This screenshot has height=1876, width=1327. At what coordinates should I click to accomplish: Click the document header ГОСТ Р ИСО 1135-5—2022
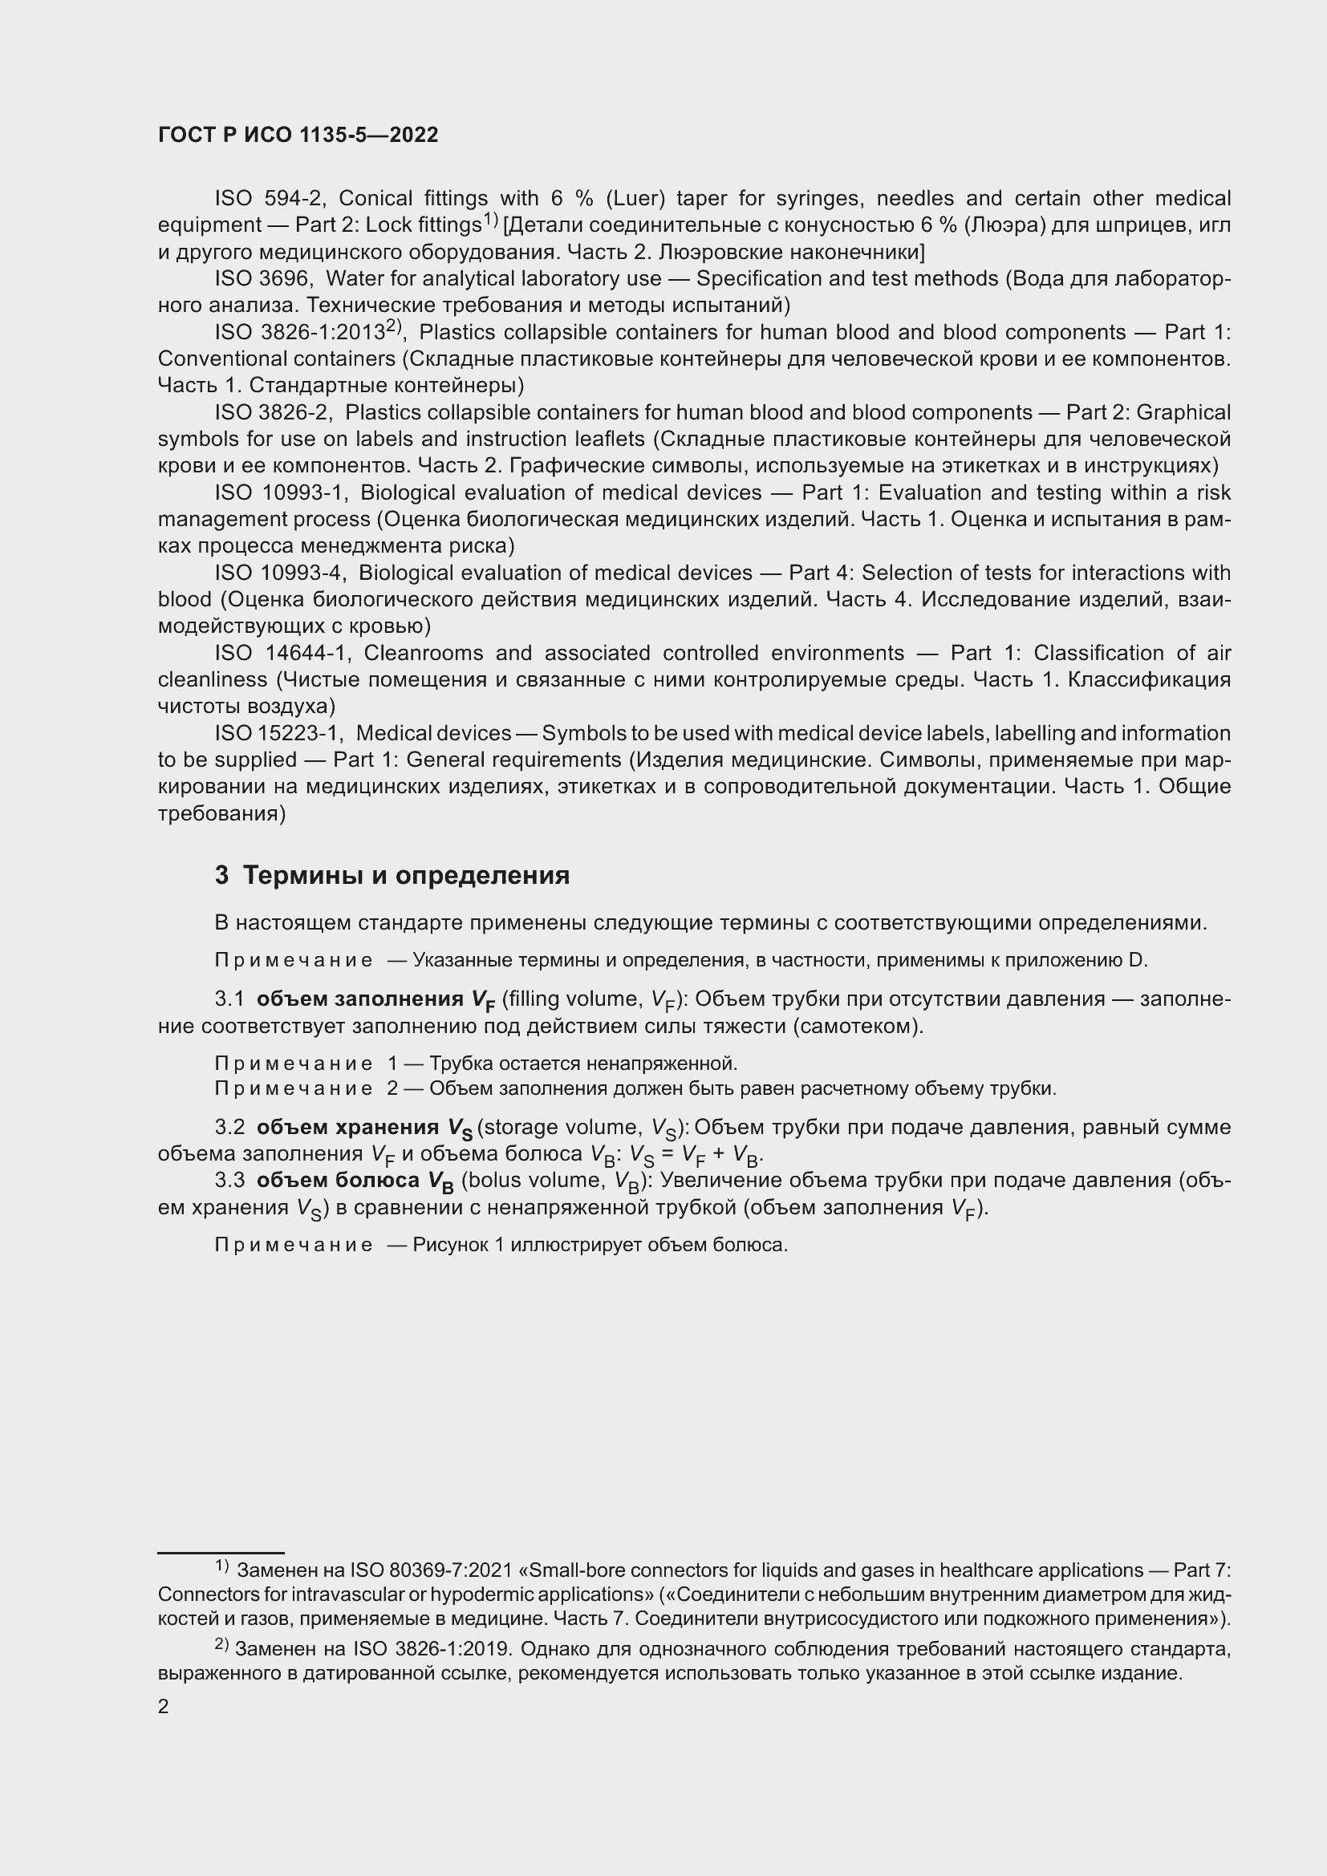pyautogui.click(x=298, y=136)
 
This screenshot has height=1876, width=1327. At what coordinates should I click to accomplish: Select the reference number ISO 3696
pyautogui.click(x=262, y=279)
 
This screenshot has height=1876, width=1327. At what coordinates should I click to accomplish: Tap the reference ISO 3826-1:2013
pyautogui.click(x=300, y=333)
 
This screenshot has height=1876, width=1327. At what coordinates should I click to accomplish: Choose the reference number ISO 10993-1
pyautogui.click(x=282, y=492)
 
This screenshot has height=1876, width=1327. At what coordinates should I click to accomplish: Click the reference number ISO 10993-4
pyautogui.click(x=281, y=573)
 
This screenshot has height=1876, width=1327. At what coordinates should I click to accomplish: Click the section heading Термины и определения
pyautogui.click(x=406, y=876)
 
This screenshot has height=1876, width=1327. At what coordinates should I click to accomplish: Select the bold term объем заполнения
pyautogui.click(x=360, y=999)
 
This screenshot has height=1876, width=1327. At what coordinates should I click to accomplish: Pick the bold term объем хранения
pyautogui.click(x=348, y=1128)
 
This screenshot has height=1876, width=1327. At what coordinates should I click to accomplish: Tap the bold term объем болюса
pyautogui.click(x=338, y=1181)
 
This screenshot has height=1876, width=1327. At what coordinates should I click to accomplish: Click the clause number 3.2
pyautogui.click(x=229, y=1128)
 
